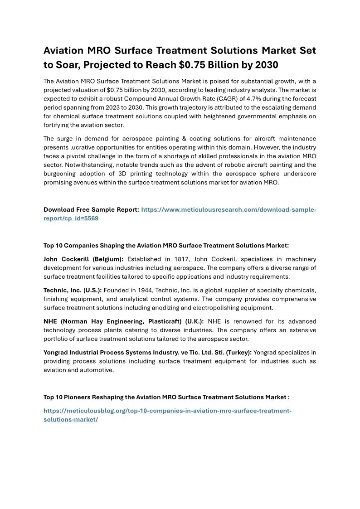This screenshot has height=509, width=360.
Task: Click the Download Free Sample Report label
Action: [91, 209]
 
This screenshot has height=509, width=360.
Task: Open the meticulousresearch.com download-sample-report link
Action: [229, 209]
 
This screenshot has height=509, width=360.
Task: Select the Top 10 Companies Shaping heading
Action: [166, 245]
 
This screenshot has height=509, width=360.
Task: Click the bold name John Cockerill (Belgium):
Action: [84, 259]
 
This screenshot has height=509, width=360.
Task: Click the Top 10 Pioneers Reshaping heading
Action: [166, 397]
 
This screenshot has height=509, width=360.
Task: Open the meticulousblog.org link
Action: [167, 411]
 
